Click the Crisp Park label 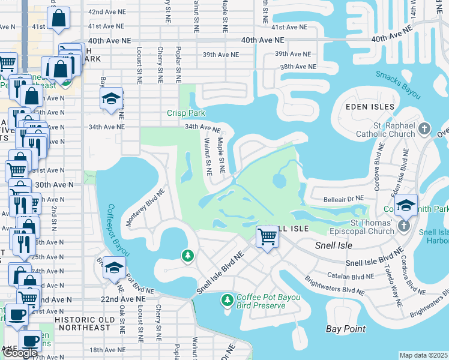tap(186, 113)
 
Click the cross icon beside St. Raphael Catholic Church tap(424, 128)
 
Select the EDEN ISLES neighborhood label tap(370, 107)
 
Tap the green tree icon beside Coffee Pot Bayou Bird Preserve tap(227, 299)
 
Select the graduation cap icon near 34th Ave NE tap(111, 99)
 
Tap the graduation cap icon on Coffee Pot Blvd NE tap(113, 268)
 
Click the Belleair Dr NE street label tap(344, 197)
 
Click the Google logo tap(20, 353)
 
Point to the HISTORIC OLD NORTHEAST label tap(82, 328)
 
